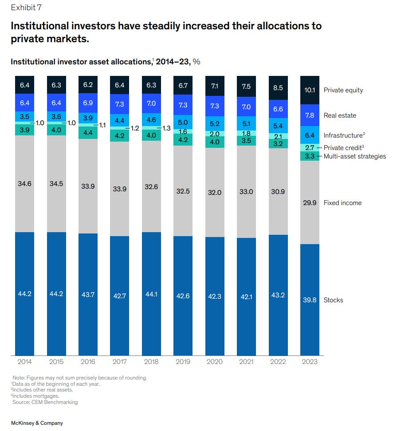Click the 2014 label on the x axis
coord(25,362)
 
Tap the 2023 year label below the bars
coord(310,362)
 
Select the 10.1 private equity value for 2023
coord(310,90)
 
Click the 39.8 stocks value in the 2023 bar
coord(310,300)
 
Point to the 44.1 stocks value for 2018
coord(151,296)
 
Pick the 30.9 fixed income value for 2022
coord(278,191)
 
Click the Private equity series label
coord(343,90)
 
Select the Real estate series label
coord(340,115)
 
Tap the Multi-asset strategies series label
coord(355,156)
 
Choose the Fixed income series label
coord(342,203)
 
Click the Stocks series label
coord(333,300)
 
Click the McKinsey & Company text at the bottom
coord(37,423)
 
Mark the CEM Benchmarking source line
coord(45,402)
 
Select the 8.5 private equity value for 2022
coord(278,88)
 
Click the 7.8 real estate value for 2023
coord(310,115)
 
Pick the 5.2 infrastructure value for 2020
coord(215,124)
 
